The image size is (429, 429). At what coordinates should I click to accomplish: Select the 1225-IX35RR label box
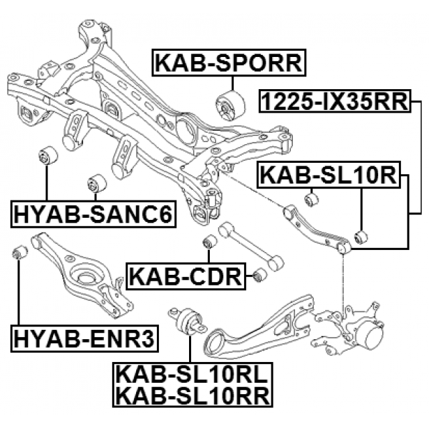[x=334, y=103]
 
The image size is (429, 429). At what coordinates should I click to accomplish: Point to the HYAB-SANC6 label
[x=93, y=214]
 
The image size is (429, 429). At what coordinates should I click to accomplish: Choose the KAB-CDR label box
[x=184, y=275]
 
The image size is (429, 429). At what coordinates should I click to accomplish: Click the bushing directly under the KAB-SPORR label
[x=227, y=104]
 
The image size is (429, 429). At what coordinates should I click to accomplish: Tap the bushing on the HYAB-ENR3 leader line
[x=20, y=253]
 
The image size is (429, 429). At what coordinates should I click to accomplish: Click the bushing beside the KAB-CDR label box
[x=257, y=275]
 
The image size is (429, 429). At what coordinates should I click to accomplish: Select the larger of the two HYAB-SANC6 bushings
[x=48, y=156]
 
